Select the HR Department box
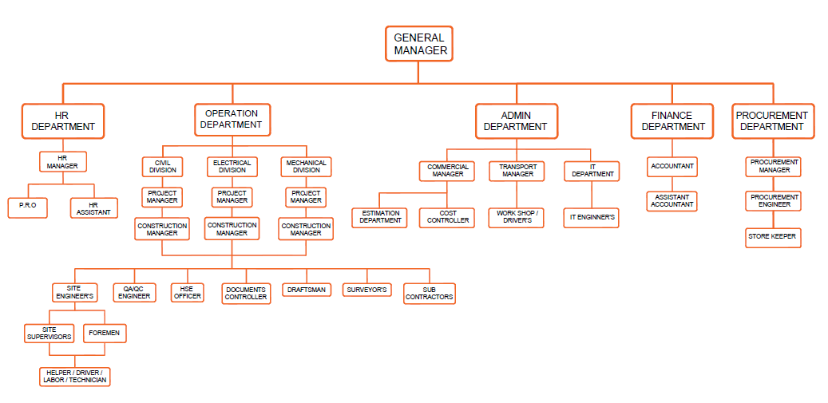pos(62,121)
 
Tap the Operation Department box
pos(232,119)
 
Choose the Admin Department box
pos(516,121)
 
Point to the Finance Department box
pos(673,121)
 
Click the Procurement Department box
pos(771,121)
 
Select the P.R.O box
pos(28,205)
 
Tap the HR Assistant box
pos(93,208)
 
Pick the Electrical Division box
pos(232,166)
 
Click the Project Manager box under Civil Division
pos(162,196)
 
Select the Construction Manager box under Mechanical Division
pos(306,229)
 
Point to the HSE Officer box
pos(187,292)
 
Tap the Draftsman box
pos(307,290)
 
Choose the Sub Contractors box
pos(429,293)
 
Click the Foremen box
pos(105,333)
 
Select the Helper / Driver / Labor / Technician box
pos(74,377)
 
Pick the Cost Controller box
pos(447,217)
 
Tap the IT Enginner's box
pos(592,216)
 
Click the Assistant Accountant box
pos(672,200)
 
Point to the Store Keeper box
pos(772,237)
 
